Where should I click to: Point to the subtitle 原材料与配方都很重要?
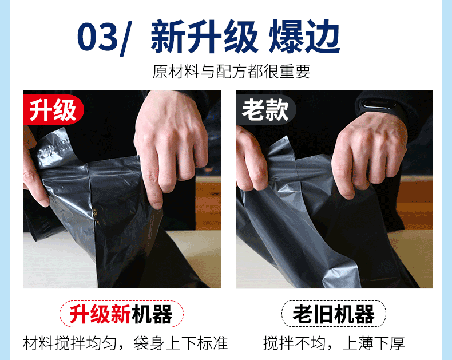231,72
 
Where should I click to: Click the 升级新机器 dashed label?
121,314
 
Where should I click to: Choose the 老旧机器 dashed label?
333,314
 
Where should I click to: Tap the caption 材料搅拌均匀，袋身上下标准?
125,343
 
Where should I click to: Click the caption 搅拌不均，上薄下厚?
334,343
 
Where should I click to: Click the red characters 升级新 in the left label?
100,314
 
